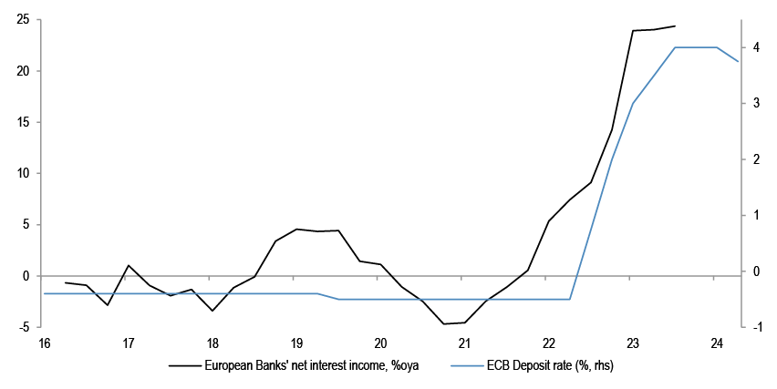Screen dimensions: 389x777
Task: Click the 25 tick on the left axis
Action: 25,19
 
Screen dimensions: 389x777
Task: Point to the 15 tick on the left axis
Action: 25,122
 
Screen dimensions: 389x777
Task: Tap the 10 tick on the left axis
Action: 25,173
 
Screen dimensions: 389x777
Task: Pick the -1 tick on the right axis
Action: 754,327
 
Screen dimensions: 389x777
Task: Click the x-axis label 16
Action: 44,343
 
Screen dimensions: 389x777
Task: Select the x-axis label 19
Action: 296,343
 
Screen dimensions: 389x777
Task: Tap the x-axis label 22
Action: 549,343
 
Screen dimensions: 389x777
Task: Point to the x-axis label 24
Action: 717,343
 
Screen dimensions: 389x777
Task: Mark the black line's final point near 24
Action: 675,26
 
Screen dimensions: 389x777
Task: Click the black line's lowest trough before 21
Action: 444,323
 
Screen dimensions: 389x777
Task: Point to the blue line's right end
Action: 738,61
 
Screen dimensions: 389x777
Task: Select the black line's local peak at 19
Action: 296,229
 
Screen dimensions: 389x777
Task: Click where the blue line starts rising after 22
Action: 570,299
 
